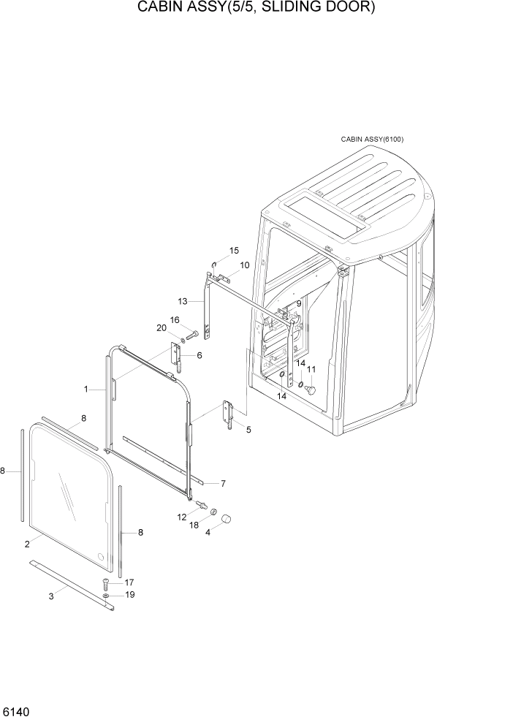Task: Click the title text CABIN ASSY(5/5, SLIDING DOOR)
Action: point(256,9)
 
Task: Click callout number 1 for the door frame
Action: point(85,390)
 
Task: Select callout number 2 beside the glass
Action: point(27,544)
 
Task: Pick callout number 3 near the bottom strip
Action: point(51,596)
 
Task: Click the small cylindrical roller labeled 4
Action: point(226,519)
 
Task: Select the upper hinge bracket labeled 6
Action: point(177,355)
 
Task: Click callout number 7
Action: point(223,483)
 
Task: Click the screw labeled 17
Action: point(107,583)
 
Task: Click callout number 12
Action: point(182,517)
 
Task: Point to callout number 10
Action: point(244,265)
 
